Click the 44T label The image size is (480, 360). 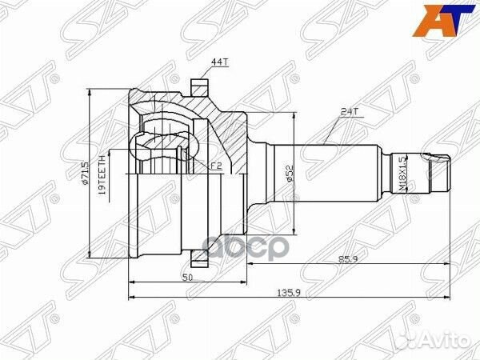pos(218,62)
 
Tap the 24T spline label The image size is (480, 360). pos(348,113)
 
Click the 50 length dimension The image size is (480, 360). pos(186,277)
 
